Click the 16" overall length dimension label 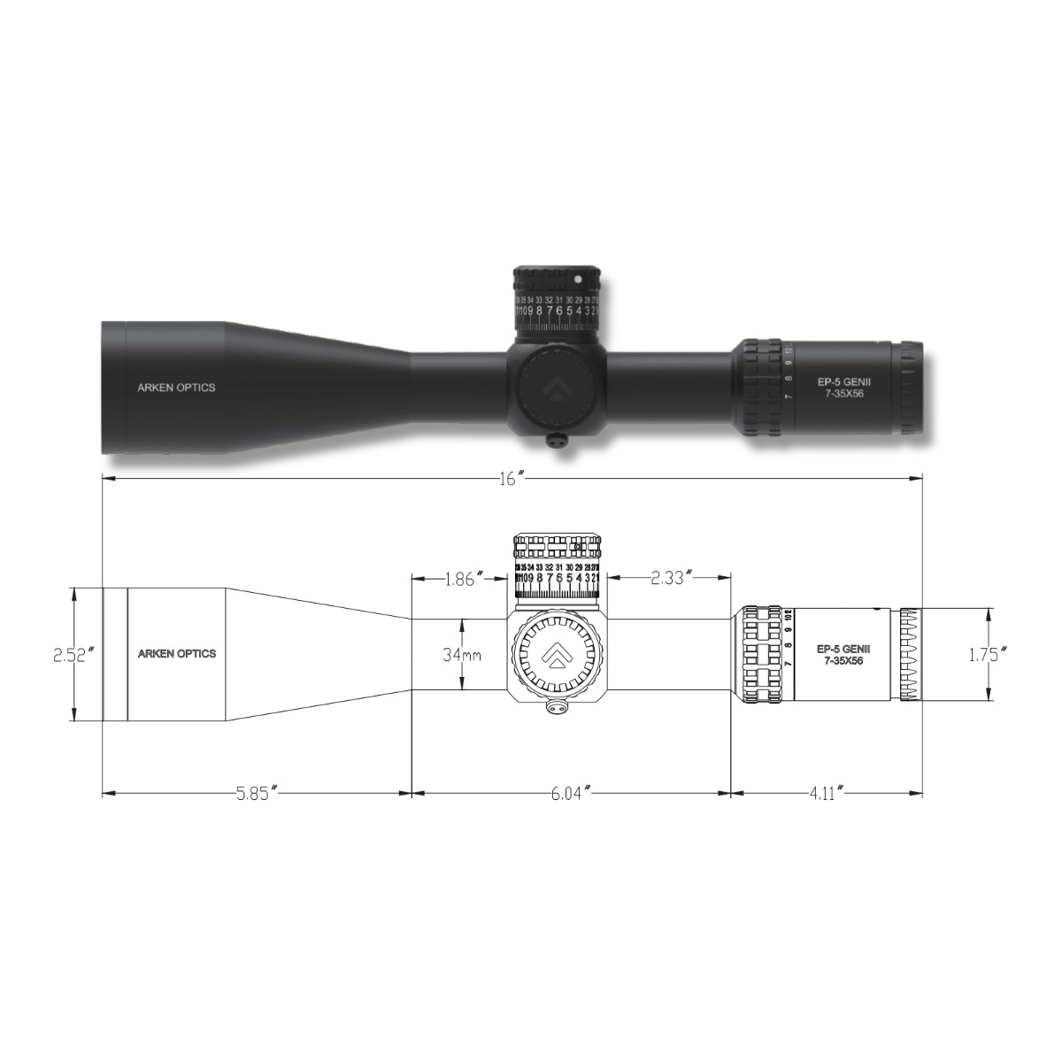tap(512, 478)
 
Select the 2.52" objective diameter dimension tap(73, 655)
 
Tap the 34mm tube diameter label tap(461, 655)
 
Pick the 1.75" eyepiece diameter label tap(986, 655)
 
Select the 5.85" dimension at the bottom tap(258, 793)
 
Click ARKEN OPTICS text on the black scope tap(176, 387)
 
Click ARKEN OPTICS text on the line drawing tap(176, 654)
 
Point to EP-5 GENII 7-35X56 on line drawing tap(840, 654)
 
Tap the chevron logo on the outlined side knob tap(558, 655)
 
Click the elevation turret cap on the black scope tap(558, 280)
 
